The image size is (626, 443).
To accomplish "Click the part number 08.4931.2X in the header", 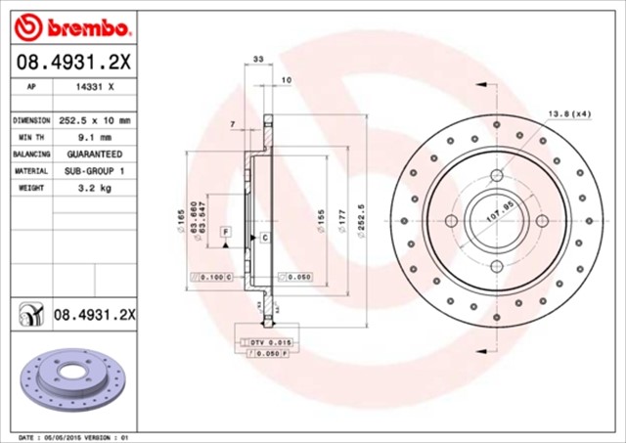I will tap(73, 63).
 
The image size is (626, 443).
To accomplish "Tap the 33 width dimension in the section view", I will tap(258, 61).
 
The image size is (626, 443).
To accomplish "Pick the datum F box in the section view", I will tap(226, 231).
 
